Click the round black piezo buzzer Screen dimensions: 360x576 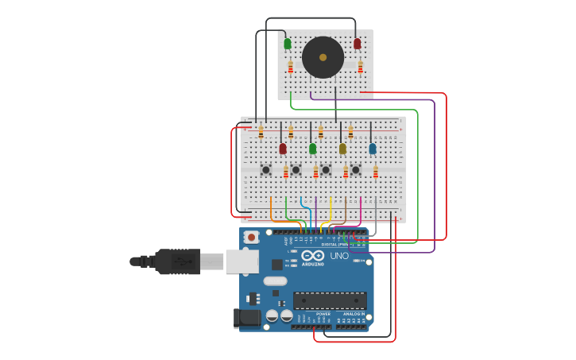click(x=323, y=57)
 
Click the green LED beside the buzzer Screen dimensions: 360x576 click(x=288, y=44)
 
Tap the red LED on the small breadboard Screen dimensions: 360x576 click(x=357, y=44)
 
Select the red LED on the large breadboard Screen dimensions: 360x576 click(x=282, y=149)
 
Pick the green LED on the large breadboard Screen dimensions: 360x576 click(x=312, y=149)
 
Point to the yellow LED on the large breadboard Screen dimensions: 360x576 click(x=342, y=149)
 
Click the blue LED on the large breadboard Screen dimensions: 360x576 click(x=373, y=149)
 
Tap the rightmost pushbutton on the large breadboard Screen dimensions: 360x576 click(x=355, y=169)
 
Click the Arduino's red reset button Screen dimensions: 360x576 click(x=251, y=237)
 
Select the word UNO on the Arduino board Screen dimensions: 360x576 click(x=339, y=256)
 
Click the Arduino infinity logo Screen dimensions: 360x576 click(x=312, y=255)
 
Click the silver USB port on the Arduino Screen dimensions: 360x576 click(x=242, y=261)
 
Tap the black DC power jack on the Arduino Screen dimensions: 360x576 click(x=249, y=319)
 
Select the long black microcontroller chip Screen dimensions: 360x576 click(x=330, y=300)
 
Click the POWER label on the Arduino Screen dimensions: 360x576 click(x=323, y=314)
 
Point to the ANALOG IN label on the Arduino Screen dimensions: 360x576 click(x=353, y=314)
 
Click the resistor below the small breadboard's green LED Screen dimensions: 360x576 click(x=291, y=68)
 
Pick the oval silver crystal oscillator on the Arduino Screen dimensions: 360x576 click(x=275, y=281)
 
